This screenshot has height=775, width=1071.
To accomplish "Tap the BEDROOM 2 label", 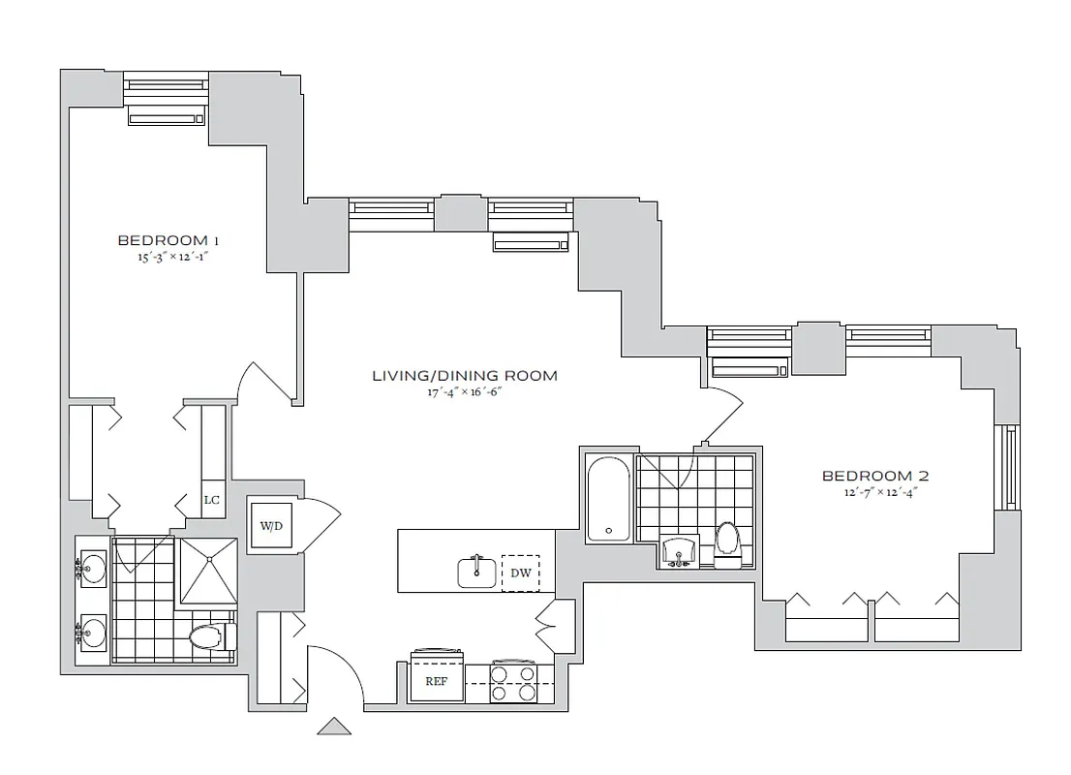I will click(875, 476).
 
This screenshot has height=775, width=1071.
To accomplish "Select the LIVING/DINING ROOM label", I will click(465, 375).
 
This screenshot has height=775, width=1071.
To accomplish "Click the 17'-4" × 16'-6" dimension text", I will click(465, 393).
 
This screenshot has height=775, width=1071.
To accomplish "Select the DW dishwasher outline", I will click(520, 573).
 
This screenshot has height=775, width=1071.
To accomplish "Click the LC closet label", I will click(212, 500).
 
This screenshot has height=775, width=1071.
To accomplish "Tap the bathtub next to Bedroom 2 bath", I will click(609, 499).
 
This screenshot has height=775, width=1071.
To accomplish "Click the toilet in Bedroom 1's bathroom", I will click(207, 636).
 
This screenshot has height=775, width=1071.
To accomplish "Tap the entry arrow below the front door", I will click(333, 726).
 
